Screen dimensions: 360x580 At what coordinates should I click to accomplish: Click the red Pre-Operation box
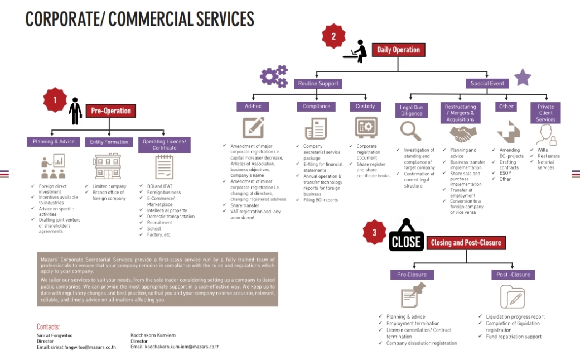coord(111,111)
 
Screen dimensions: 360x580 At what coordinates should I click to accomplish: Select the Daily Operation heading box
coord(398,50)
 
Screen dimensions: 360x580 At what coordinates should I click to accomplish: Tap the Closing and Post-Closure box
coord(466,242)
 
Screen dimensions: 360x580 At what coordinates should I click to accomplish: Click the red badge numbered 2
coord(333,36)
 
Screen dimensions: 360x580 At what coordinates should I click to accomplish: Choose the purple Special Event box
coord(487,84)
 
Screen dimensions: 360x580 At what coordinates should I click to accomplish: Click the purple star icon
coord(522,78)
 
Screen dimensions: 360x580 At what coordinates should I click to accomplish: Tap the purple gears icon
coord(274,76)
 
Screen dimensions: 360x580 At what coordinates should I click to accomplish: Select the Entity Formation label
coord(109,142)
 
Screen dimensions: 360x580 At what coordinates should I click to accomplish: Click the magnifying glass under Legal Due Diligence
coord(411,132)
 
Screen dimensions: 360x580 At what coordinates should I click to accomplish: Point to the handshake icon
coord(463,134)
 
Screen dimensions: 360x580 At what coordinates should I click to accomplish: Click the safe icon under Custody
coord(366,128)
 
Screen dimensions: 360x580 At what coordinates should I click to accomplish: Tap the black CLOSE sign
coord(406,241)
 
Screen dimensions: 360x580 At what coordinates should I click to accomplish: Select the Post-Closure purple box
coord(513,275)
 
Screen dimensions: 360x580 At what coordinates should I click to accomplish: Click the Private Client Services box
coord(545,113)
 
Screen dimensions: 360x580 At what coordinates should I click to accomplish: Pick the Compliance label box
coord(316,106)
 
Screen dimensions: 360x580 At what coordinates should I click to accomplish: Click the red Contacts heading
coord(48,327)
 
